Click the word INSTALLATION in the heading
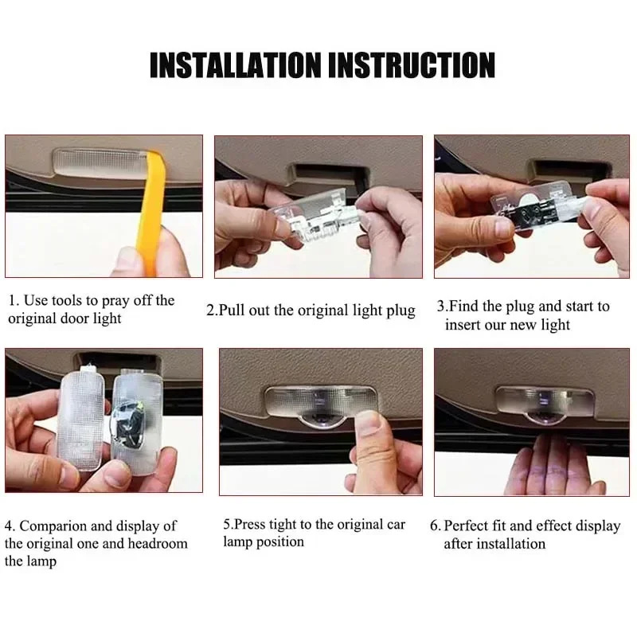[236, 65]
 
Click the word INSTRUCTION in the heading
[412, 65]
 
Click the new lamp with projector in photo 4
[137, 423]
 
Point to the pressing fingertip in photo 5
[369, 423]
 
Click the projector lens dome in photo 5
[322, 419]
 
